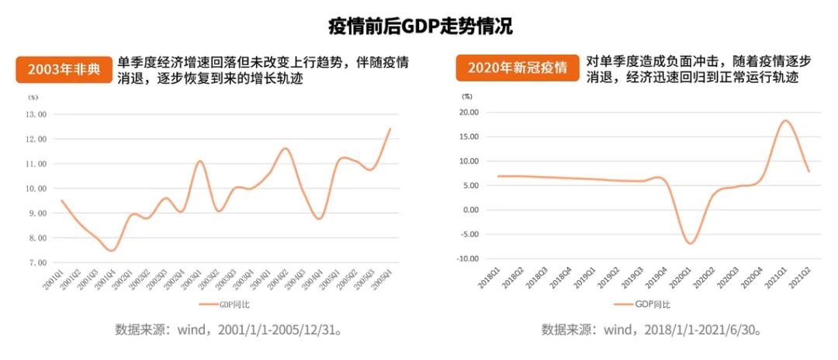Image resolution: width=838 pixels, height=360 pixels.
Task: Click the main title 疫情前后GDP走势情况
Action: [419, 26]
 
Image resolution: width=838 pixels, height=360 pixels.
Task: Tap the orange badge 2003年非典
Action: [64, 69]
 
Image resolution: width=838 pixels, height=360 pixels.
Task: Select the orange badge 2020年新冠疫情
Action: [511, 68]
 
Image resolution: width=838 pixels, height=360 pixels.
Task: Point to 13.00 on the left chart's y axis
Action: [37, 114]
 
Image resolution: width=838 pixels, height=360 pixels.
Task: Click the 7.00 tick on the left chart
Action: [37, 262]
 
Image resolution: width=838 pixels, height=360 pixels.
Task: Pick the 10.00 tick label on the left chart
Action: [37, 189]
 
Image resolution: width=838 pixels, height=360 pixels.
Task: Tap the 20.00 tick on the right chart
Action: [469, 112]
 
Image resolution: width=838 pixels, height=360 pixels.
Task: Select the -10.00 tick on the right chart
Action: [467, 258]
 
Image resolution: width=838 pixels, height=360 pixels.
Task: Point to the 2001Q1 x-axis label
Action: [54, 279]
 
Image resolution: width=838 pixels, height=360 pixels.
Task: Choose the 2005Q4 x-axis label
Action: [382, 279]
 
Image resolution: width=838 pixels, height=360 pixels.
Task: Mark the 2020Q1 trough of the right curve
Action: [690, 244]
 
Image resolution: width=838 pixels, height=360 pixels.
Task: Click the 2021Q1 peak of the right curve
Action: [785, 120]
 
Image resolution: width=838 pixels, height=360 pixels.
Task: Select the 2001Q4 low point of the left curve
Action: [112, 251]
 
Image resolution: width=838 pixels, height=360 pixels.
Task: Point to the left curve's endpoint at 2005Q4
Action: [390, 128]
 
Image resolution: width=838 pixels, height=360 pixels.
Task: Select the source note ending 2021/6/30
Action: [651, 329]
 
